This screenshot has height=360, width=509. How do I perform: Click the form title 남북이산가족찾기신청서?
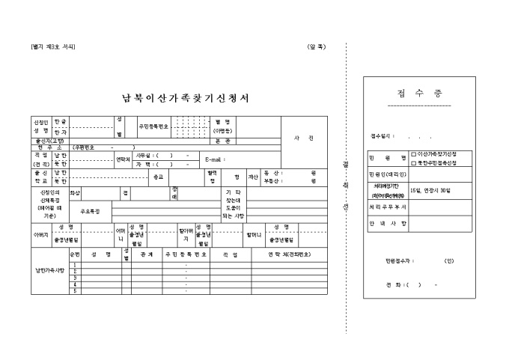pos(185,98)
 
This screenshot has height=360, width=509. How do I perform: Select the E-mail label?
pos(214,160)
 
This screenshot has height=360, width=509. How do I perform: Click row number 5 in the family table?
pos(74,290)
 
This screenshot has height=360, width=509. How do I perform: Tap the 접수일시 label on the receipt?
pos(382,137)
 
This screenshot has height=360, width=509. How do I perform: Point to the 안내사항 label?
pos(387,223)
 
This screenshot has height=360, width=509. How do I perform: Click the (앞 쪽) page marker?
pos(317,47)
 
